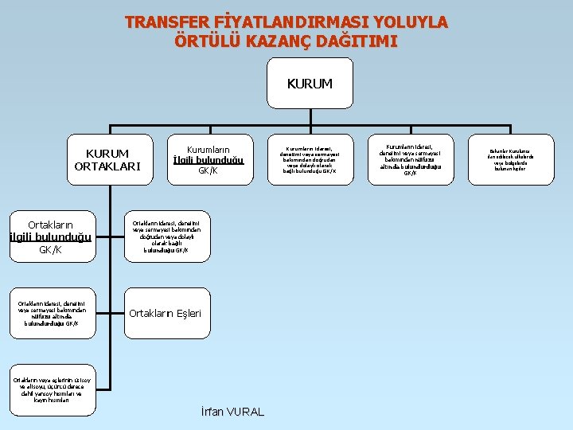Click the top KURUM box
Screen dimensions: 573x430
point(310,83)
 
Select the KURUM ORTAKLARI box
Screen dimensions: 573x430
point(107,159)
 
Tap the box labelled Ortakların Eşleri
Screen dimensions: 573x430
point(166,313)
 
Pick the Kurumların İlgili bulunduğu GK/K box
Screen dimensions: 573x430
point(208,159)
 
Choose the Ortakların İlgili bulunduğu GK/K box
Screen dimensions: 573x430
point(51,237)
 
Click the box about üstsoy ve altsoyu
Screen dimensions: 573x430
point(53,389)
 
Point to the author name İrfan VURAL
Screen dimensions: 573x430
point(233,412)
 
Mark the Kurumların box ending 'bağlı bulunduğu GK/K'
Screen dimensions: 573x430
point(310,159)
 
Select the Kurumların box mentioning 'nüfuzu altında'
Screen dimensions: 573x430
point(411,159)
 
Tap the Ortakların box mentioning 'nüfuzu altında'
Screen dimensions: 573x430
point(53,313)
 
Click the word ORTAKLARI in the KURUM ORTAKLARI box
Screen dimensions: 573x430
point(107,166)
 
